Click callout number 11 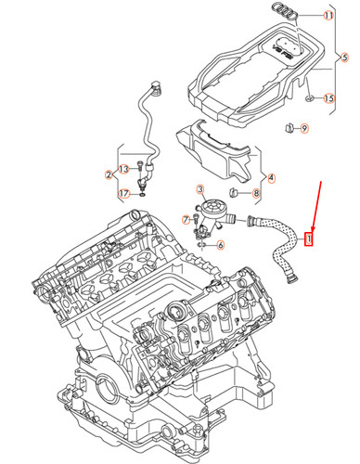pyautogui.click(x=328, y=17)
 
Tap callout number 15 pyautogui.click(x=328, y=98)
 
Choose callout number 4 pyautogui.click(x=270, y=176)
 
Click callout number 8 pyautogui.click(x=255, y=193)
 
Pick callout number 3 pyautogui.click(x=199, y=189)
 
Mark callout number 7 pyautogui.click(x=186, y=220)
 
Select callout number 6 pyautogui.click(x=219, y=245)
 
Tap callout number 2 pyautogui.click(x=109, y=174)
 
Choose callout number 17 pyautogui.click(x=123, y=193)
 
